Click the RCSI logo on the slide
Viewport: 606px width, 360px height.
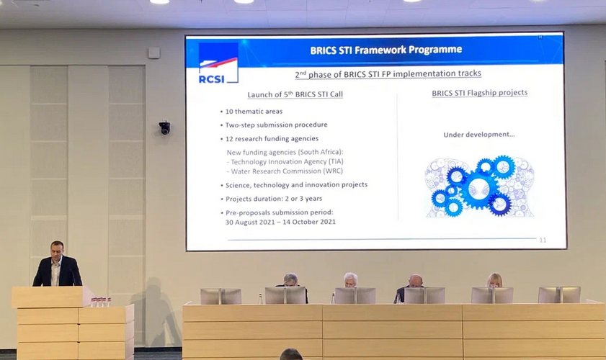[x=218, y=63]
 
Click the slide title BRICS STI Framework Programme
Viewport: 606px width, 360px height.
[x=386, y=50]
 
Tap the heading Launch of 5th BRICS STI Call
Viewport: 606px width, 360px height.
[x=295, y=94]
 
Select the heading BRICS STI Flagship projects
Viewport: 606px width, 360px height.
[x=480, y=93]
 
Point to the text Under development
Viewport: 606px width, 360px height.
[x=479, y=135]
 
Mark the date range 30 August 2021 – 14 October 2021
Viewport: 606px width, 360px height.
[x=280, y=222]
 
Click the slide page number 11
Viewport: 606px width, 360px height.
[x=543, y=240]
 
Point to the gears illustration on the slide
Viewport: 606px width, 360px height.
[x=479, y=186]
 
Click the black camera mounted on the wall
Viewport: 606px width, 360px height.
[x=164, y=127]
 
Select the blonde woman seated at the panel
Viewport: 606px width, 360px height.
[x=494, y=280]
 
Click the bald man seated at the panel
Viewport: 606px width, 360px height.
[x=415, y=281]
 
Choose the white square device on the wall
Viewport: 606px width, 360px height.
[x=153, y=53]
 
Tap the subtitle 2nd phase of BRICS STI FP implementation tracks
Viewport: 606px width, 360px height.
[x=388, y=73]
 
